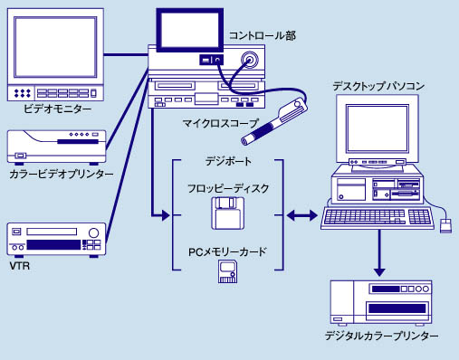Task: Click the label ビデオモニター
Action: coord(57,109)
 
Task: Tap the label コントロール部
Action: coord(263,35)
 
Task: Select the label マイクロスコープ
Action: coord(221,123)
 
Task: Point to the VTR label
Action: coord(20,266)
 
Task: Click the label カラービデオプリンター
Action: coord(62,174)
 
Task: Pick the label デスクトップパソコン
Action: coord(378,87)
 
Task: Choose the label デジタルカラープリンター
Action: coord(381,336)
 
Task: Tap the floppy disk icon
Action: coord(227,213)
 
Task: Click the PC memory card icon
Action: coord(227,271)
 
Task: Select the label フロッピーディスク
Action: coord(228,189)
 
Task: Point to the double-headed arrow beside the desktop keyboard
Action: coord(302,215)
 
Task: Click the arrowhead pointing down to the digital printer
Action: coord(379,272)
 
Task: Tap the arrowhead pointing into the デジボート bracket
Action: coord(166,215)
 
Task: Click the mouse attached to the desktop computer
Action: coord(445,226)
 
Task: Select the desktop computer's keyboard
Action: coord(378,218)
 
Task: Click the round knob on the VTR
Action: coord(93,232)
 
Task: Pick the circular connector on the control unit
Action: coord(250,60)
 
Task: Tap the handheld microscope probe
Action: coord(274,122)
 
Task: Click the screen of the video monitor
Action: coord(55,47)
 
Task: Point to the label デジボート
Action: coord(228,162)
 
